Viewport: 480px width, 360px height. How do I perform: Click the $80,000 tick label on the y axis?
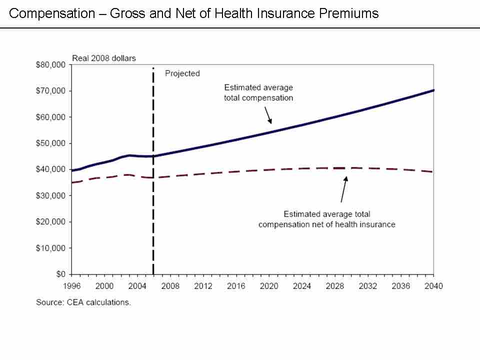click(x=51, y=65)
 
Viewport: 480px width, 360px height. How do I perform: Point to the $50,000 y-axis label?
click(x=51, y=143)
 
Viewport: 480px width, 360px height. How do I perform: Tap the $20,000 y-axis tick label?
click(x=51, y=222)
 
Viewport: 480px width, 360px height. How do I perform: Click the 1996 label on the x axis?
click(x=71, y=286)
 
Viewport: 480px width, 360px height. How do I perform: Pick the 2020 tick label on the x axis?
click(x=269, y=286)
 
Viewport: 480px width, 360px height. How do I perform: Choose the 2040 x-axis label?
click(x=433, y=286)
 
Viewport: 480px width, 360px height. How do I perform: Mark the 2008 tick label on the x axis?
click(x=170, y=286)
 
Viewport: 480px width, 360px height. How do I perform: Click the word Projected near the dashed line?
click(x=182, y=73)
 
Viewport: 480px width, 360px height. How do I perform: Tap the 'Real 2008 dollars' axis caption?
click(x=104, y=58)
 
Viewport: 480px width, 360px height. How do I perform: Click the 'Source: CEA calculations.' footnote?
click(x=83, y=302)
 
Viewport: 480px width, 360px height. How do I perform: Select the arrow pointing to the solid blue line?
click(x=268, y=115)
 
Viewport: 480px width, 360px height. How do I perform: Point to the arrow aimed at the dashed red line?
click(x=343, y=188)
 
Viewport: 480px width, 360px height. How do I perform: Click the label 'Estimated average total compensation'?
click(x=258, y=92)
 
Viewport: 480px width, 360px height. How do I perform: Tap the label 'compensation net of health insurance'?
click(x=326, y=224)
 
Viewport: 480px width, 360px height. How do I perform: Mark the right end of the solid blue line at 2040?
click(x=433, y=90)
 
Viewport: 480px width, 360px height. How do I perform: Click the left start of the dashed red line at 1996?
click(x=72, y=182)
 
